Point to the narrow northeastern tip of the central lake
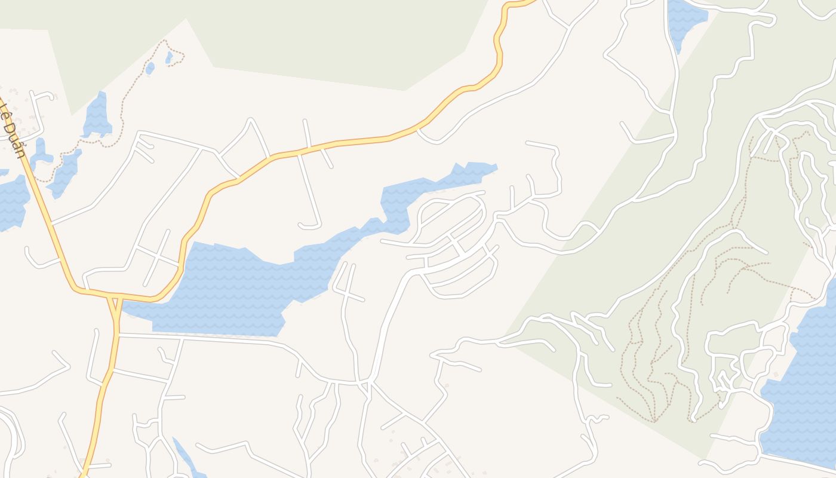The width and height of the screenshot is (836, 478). pyautogui.click(x=478, y=168)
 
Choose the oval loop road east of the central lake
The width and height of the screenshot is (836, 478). pyautogui.click(x=451, y=218)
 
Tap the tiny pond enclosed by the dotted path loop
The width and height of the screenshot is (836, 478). pyautogui.click(x=169, y=57)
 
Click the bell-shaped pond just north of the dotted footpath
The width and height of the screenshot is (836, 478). pyautogui.click(x=97, y=117)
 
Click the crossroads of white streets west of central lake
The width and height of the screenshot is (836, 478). pyautogui.click(x=156, y=256)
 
